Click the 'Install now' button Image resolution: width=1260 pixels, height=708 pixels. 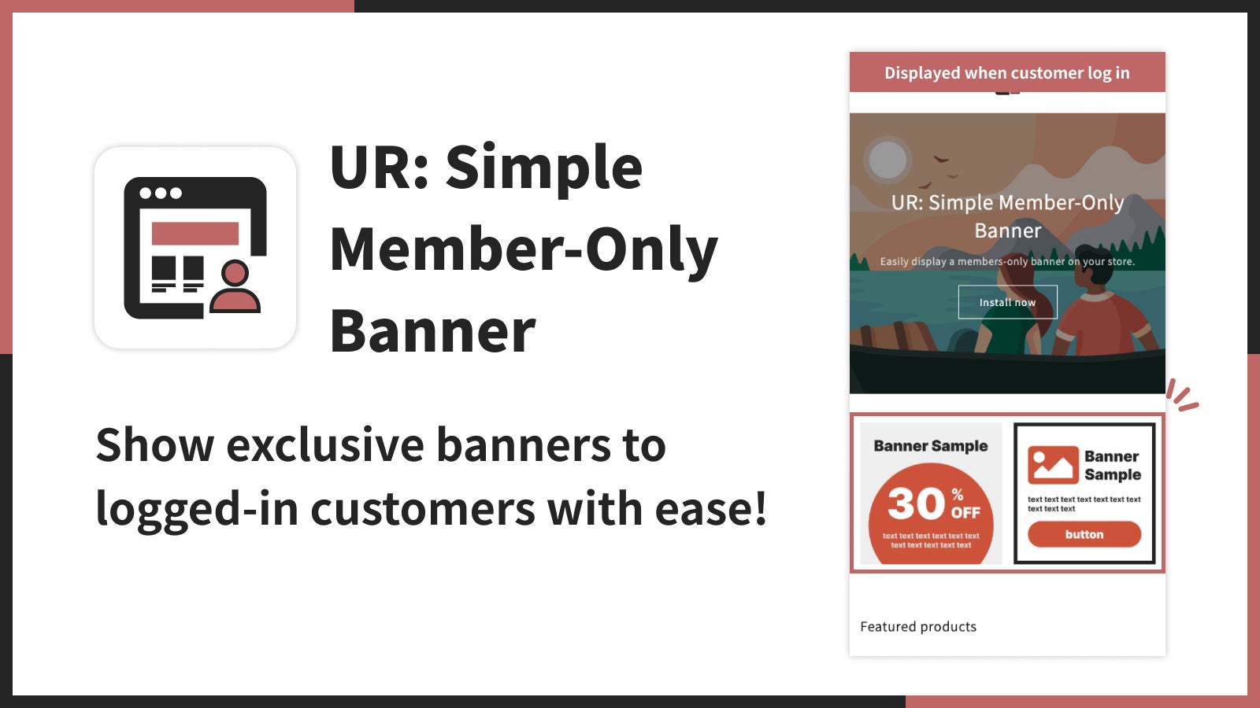[1007, 302]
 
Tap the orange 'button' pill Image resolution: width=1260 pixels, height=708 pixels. [1084, 534]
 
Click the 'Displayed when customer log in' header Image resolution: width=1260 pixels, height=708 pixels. [1007, 72]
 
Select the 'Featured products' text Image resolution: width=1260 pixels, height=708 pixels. [918, 626]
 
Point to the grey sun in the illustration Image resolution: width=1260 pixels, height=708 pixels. [888, 160]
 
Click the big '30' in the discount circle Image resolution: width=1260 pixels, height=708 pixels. [917, 503]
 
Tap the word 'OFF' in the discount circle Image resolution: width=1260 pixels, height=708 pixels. [965, 512]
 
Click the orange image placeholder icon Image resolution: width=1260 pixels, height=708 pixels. [1053, 465]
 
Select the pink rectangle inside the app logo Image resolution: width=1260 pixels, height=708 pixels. [195, 233]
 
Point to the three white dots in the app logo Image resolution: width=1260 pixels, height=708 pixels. [161, 194]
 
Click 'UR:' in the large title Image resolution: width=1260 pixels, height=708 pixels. [380, 167]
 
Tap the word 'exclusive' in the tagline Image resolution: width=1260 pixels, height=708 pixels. [325, 445]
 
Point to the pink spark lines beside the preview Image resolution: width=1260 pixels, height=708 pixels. [1182, 395]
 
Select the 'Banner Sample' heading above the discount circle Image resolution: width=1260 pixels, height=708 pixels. [931, 445]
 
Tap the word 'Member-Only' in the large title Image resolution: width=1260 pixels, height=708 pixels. [524, 250]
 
